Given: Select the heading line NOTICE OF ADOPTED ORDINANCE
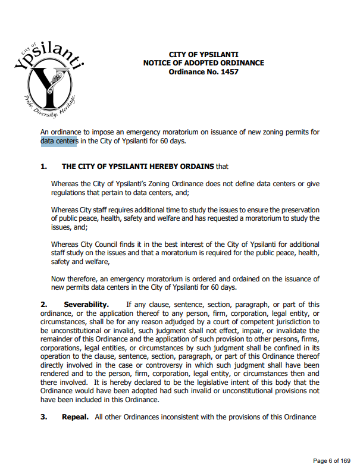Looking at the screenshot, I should click(204, 63).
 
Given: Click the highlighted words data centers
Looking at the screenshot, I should click(58, 141).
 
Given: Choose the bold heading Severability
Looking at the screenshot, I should click(86, 305).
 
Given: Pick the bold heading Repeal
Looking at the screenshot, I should click(76, 416).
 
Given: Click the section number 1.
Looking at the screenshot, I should click(43, 167).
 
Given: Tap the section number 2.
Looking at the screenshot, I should click(43, 305).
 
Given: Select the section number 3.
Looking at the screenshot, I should click(43, 416).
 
